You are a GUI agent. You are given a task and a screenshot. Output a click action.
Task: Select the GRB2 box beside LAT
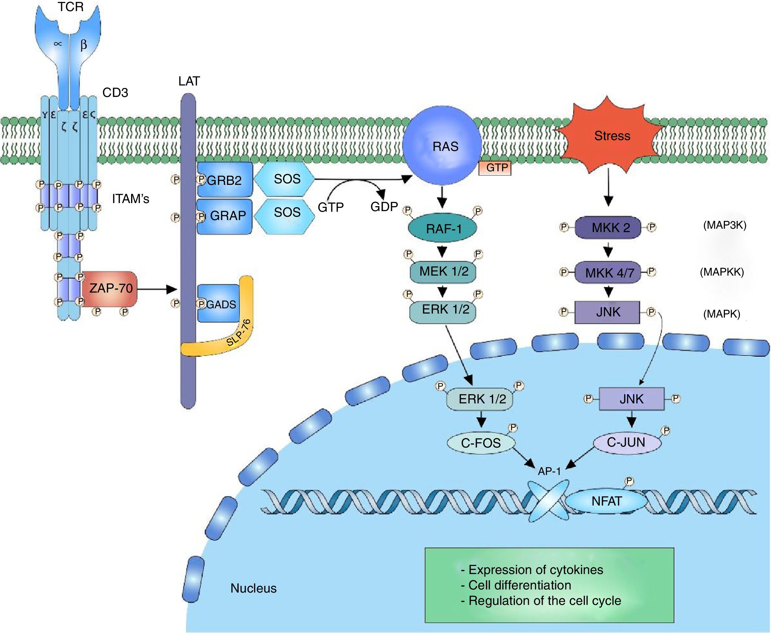coord(225,180)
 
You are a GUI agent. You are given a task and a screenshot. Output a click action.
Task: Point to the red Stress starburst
coord(610,137)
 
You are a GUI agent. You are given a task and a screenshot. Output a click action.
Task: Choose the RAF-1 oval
coord(442,229)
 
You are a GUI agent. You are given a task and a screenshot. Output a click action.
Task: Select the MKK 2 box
coord(608,227)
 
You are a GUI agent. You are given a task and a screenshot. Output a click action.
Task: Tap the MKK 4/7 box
coord(608,273)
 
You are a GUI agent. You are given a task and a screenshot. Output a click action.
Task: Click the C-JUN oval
coord(626,443)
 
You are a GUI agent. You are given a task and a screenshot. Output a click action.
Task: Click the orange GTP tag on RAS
coord(495,168)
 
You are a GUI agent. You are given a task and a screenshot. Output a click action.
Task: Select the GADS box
coord(219,304)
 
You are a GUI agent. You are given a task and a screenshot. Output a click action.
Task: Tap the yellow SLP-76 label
coord(239,332)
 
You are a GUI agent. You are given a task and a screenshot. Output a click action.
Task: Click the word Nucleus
coord(254,588)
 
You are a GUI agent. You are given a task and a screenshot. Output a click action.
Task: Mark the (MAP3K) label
coord(725,225)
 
